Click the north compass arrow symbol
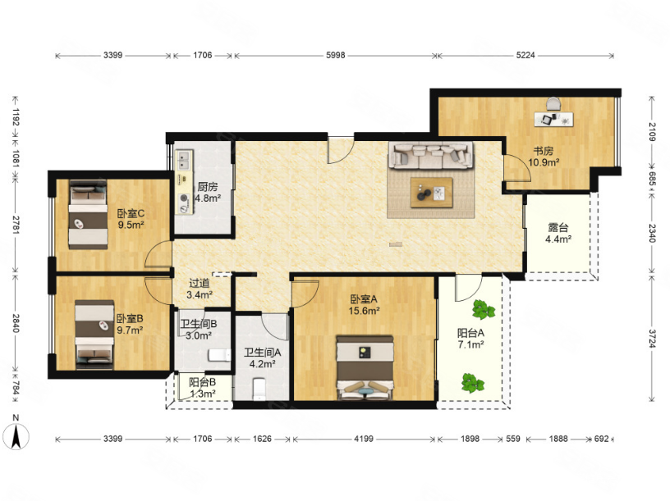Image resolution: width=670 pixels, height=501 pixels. (16, 437)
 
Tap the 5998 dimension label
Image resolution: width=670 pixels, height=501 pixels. (336, 55)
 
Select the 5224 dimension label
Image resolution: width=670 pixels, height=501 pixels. (525, 55)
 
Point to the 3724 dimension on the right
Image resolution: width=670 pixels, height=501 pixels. (652, 339)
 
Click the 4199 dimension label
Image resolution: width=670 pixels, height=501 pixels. (364, 439)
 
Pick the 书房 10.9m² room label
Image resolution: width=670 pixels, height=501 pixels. (544, 157)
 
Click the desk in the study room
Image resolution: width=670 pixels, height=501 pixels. (553, 119)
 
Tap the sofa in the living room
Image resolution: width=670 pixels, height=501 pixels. (430, 156)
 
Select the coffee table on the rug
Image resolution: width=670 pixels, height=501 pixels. (432, 193)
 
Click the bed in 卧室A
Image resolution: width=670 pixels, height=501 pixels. (365, 368)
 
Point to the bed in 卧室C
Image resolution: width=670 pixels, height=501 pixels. (89, 215)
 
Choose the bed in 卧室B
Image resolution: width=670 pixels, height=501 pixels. (94, 335)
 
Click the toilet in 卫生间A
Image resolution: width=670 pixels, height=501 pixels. (259, 389)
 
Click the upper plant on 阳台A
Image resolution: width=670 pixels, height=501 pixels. (484, 309)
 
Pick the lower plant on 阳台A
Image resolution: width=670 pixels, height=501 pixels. (473, 383)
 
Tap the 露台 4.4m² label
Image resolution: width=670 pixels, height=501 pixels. (558, 234)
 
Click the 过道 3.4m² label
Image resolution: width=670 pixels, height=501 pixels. (200, 289)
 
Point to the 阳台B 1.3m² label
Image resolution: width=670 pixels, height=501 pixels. (203, 388)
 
